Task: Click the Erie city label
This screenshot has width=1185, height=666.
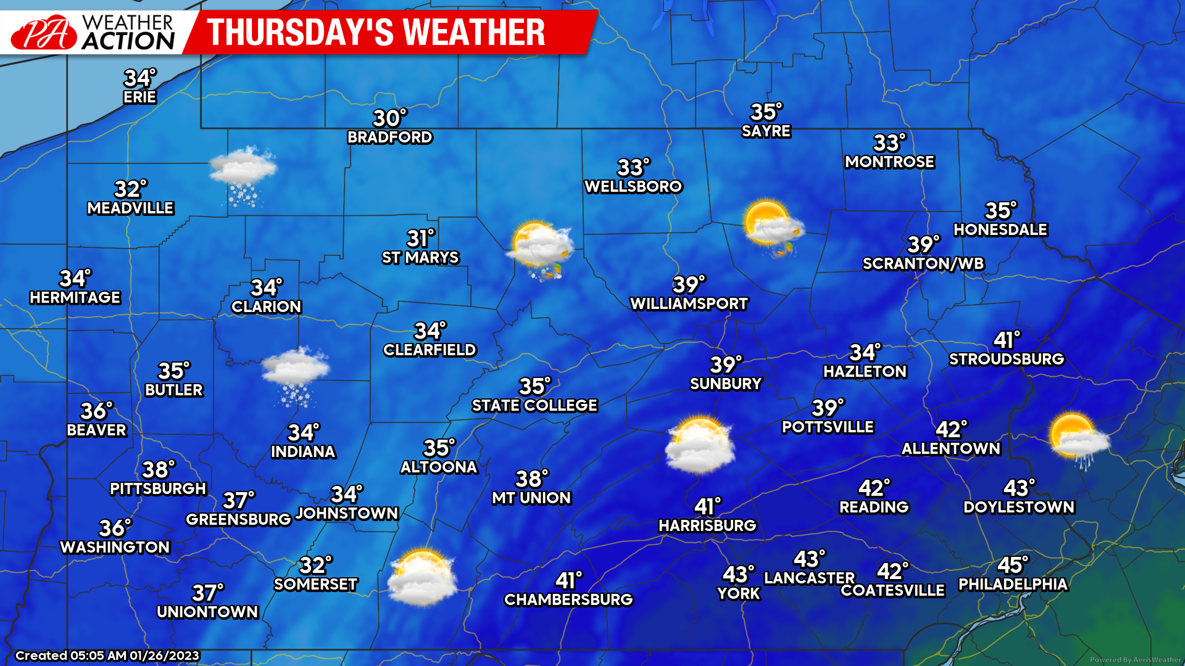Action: [139, 97]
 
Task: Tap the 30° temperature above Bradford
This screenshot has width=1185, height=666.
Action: [389, 118]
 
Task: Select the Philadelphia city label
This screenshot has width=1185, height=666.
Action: [1012, 584]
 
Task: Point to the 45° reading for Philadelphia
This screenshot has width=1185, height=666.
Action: [1012, 565]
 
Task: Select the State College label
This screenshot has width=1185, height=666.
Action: [534, 405]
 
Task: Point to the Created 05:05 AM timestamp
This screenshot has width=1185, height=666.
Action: [107, 656]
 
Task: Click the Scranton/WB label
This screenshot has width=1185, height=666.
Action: [923, 264]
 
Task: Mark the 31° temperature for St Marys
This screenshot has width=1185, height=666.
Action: [420, 238]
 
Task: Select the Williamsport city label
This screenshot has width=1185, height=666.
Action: [689, 303]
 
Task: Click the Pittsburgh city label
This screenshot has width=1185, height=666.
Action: [158, 488]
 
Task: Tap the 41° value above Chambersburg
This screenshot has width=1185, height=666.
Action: [568, 580]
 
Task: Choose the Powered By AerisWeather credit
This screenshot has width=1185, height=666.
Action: [1135, 659]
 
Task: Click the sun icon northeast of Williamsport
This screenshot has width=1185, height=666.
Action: [774, 226]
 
